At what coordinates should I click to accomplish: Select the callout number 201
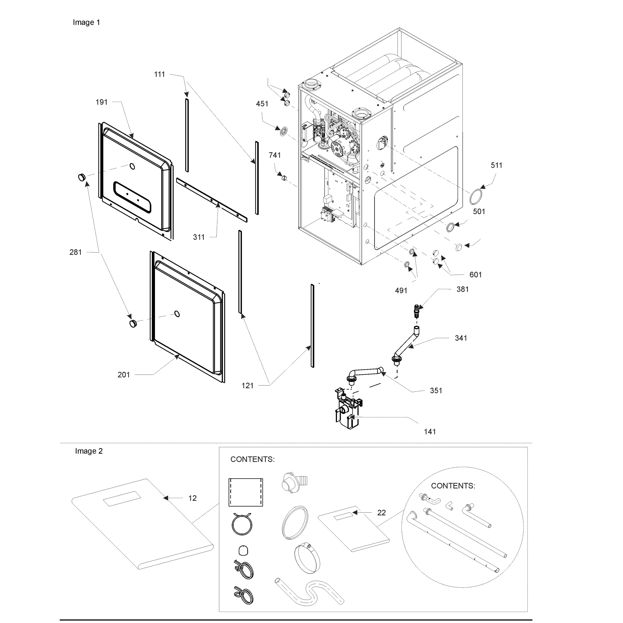coord(124,375)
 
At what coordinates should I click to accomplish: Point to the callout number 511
coord(496,165)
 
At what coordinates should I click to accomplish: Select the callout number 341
coord(461,338)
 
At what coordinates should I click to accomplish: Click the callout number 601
coord(475,275)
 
